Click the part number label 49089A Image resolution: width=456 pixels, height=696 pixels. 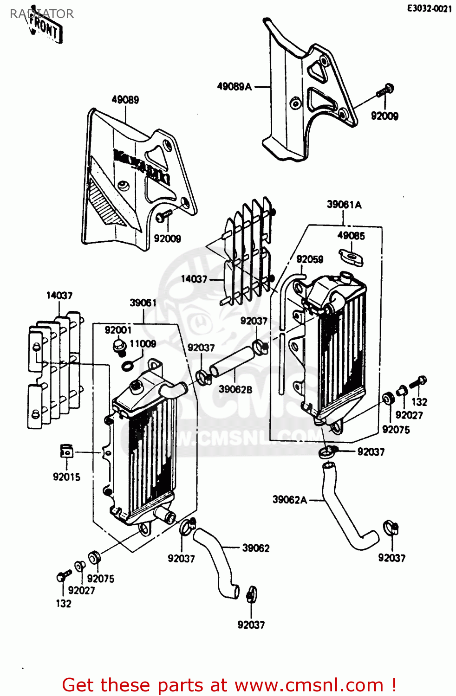tap(234, 86)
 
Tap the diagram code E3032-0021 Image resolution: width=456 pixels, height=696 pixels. tap(429, 8)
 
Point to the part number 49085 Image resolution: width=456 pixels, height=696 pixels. tap(351, 236)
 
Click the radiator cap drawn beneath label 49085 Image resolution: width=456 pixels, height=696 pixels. tap(351, 257)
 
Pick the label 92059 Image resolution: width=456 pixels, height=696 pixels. tap(310, 259)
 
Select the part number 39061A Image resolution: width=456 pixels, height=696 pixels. tap(344, 205)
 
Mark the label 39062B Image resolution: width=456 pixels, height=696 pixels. tap(235, 389)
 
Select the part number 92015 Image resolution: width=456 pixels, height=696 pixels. tap(66, 477)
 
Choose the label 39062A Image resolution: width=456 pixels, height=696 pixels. tap(289, 500)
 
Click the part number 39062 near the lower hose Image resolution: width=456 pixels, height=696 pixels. tap(255, 548)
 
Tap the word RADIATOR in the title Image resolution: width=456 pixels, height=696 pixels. tap(42, 14)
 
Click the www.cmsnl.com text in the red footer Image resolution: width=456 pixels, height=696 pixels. tap(309, 685)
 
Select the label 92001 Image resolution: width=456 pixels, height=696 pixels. tap(118, 330)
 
